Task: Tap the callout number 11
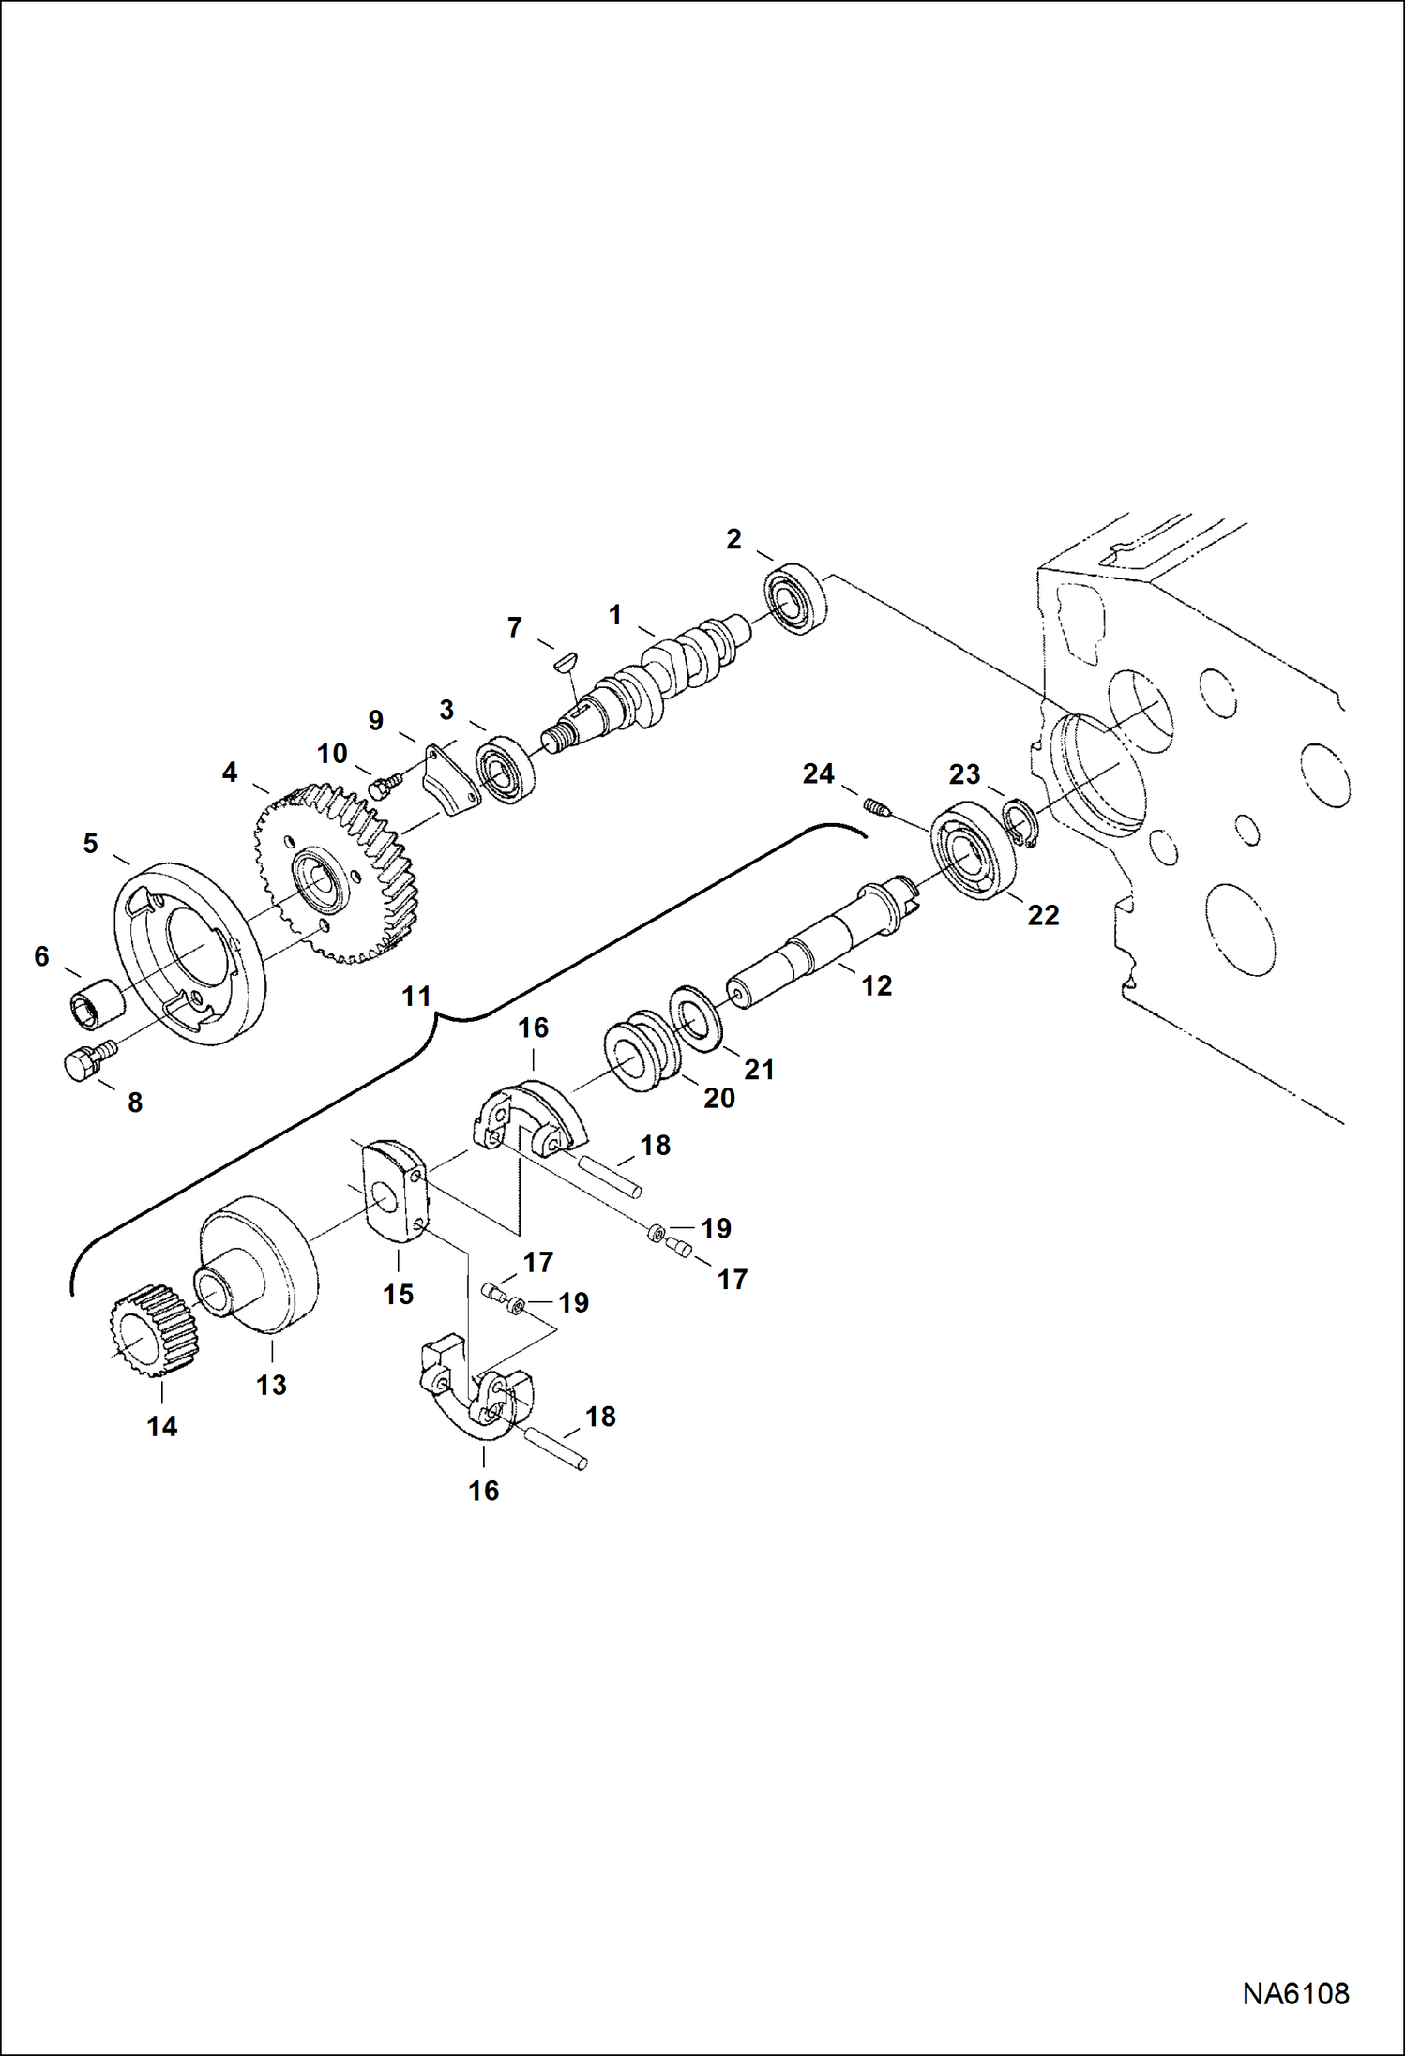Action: point(415,996)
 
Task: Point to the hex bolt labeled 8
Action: point(84,1064)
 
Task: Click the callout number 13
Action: point(271,1384)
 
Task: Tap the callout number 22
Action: point(1042,915)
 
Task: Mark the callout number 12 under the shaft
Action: point(876,985)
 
